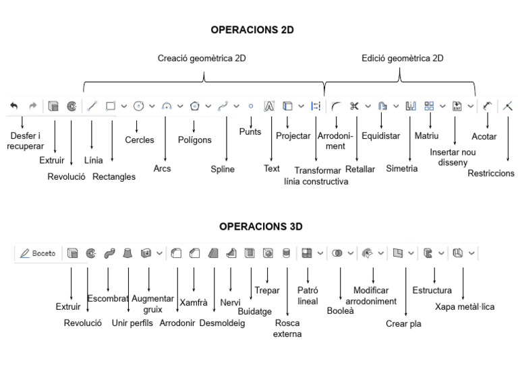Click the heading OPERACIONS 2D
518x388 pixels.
[252, 30]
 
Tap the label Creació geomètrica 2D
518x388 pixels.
[202, 59]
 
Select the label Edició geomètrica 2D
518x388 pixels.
[402, 59]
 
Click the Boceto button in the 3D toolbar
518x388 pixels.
[38, 253]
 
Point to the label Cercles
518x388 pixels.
[139, 140]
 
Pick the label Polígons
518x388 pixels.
[194, 140]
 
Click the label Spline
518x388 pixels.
[223, 169]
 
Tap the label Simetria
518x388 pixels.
[402, 168]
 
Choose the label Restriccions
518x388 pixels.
[491, 174]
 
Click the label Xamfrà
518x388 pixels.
[193, 302]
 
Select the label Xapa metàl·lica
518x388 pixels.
[465, 306]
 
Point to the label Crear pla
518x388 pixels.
[404, 323]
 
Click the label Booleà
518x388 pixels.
[340, 311]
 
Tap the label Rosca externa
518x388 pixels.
[287, 328]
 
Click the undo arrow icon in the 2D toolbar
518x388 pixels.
[14, 106]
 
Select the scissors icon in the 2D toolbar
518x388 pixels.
[354, 106]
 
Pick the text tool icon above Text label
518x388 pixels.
[269, 106]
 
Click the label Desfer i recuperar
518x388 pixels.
[25, 141]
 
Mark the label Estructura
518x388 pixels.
[432, 291]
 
